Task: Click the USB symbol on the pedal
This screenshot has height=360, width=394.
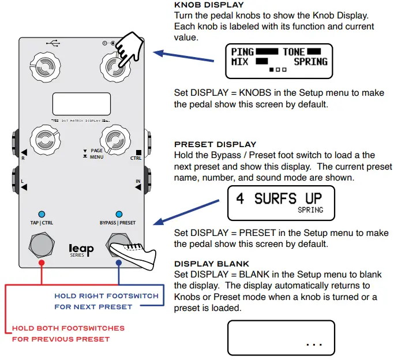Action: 54,44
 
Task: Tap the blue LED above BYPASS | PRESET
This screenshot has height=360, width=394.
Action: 119,213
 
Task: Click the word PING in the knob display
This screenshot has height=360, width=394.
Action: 242,52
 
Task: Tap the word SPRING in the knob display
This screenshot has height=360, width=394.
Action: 310,61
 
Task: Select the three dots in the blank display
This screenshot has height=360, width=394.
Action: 314,344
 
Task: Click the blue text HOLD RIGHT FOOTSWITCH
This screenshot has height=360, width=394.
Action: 106,296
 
